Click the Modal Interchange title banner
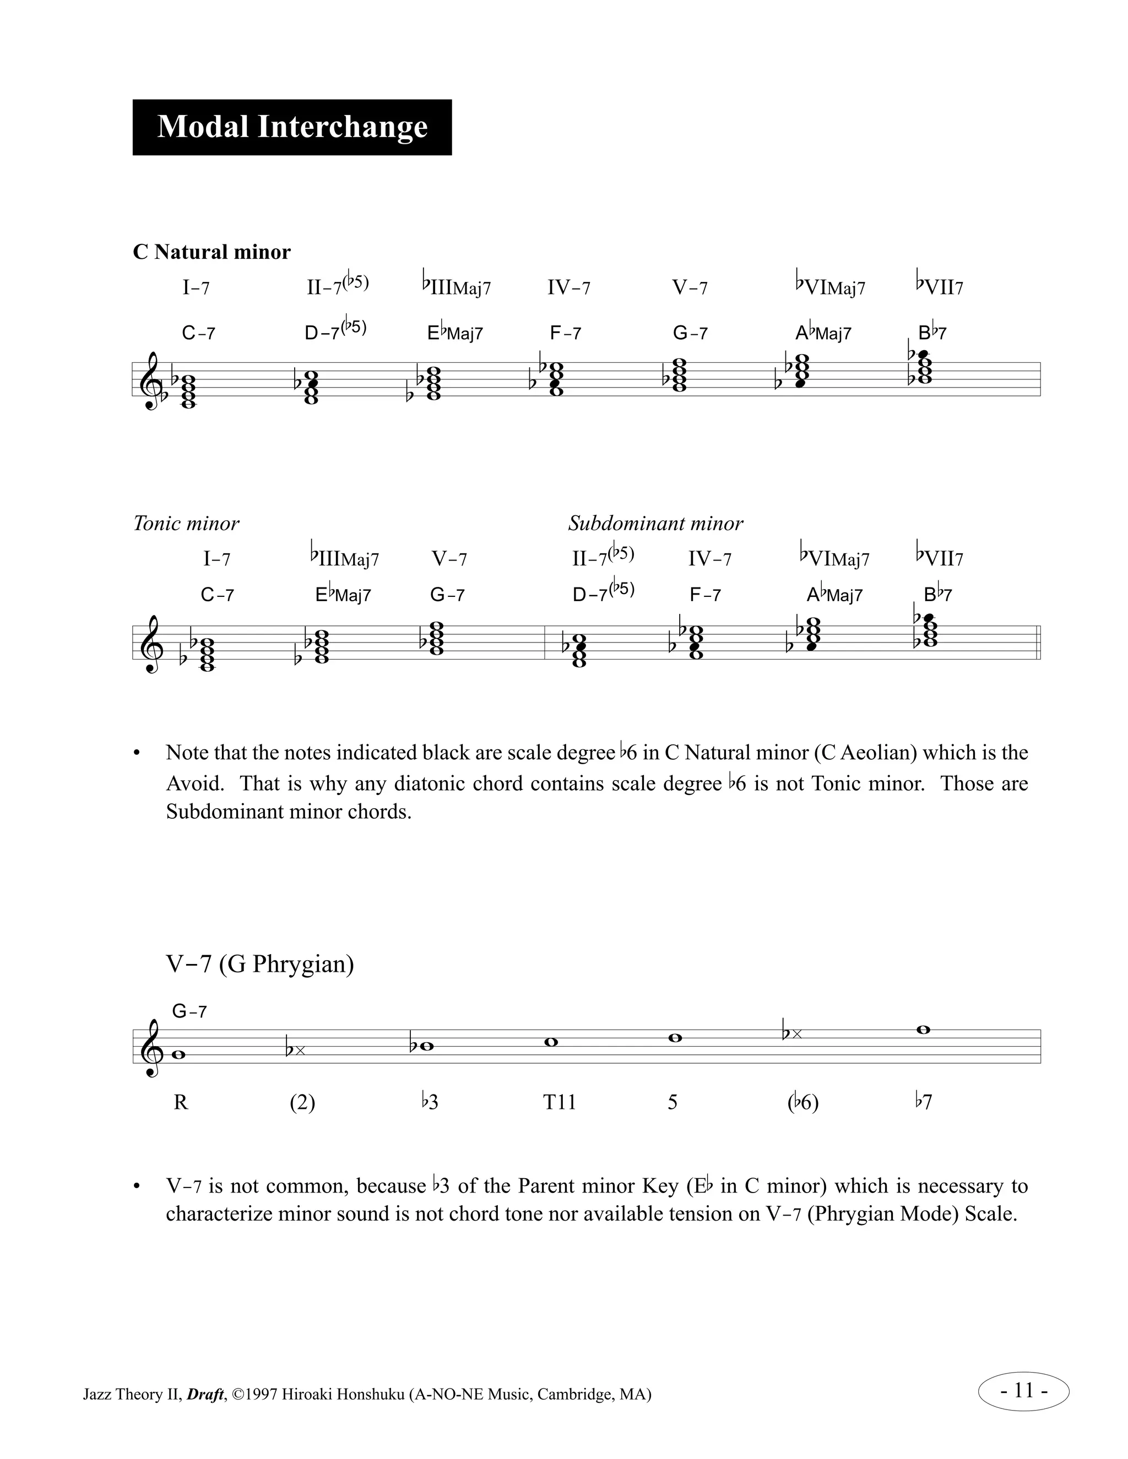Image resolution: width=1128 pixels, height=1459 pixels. (x=292, y=127)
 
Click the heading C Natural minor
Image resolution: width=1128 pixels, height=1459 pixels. (x=212, y=252)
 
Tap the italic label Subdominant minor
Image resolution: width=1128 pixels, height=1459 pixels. (x=655, y=523)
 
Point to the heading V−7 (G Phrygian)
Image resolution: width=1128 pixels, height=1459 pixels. (x=260, y=963)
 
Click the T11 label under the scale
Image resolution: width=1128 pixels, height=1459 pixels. (x=560, y=1102)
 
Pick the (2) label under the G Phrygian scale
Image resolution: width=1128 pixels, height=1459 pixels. (x=302, y=1102)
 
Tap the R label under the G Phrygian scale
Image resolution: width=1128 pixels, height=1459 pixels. (x=181, y=1102)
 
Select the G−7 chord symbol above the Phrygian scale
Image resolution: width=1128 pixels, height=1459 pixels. (x=189, y=1011)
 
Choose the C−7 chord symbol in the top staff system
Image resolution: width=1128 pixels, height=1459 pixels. (x=198, y=333)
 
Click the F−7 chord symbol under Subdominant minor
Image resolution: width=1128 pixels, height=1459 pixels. (x=705, y=595)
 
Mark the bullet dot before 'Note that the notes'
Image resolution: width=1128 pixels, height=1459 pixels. (x=137, y=753)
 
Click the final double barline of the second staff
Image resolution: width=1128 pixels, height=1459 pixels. (x=1038, y=643)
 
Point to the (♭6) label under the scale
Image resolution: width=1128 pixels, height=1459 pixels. (x=802, y=1102)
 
